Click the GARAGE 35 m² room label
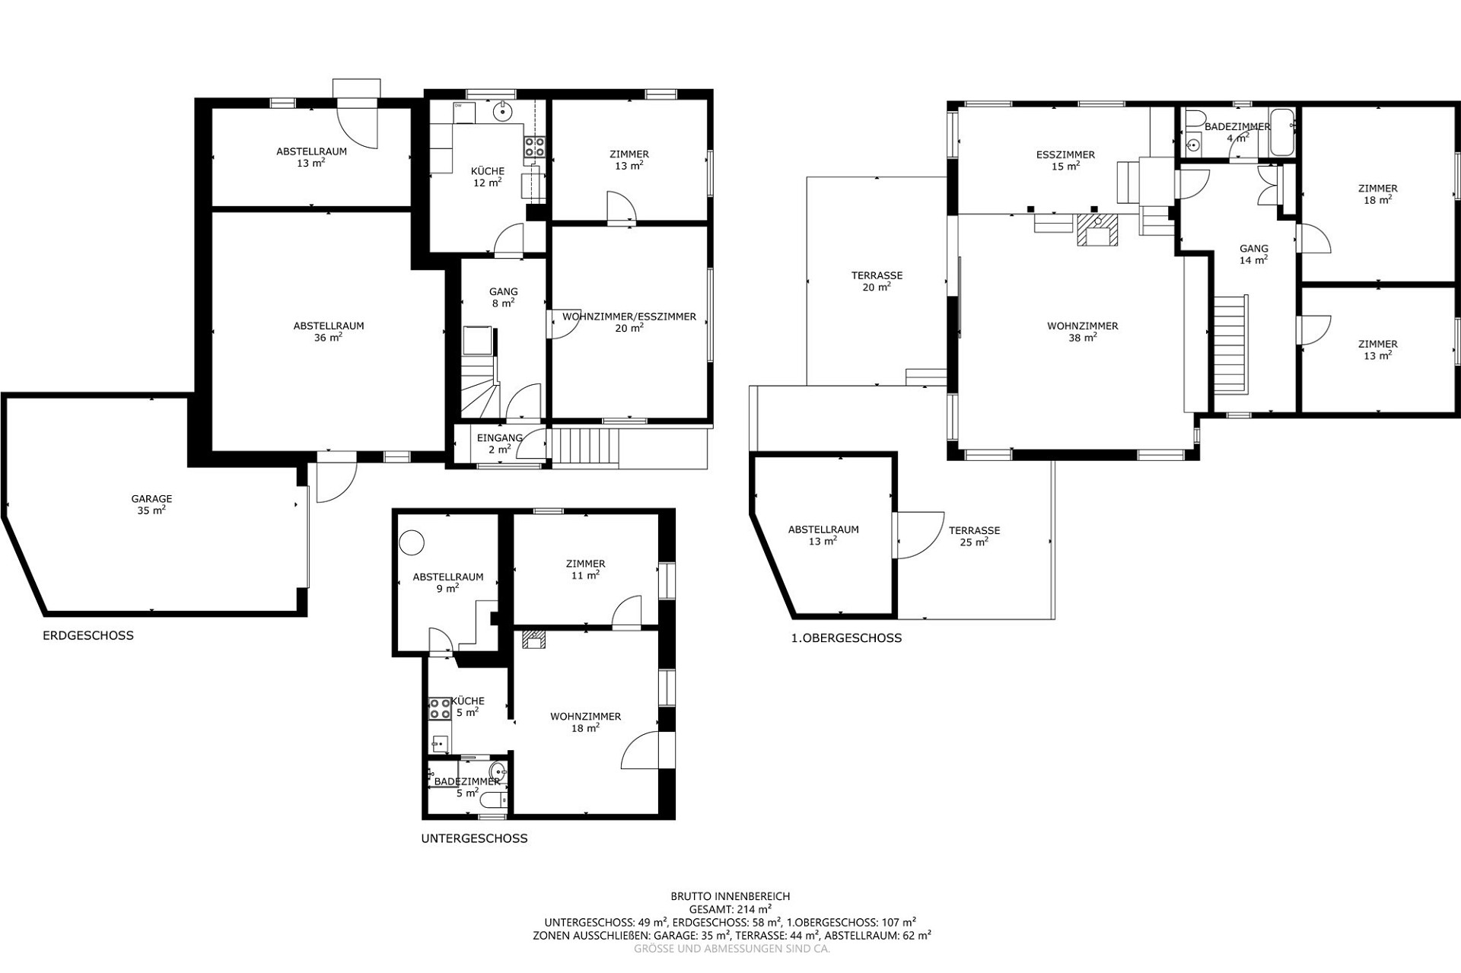click(151, 505)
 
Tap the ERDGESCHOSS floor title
click(88, 635)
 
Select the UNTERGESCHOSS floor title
click(474, 838)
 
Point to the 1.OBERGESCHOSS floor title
click(846, 638)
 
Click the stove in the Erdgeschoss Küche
click(534, 147)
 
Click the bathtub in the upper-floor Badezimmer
click(1281, 132)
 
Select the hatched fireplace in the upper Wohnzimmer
click(1097, 230)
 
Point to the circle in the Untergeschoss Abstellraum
click(412, 542)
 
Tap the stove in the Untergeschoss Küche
click(440, 709)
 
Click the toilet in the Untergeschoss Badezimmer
click(495, 800)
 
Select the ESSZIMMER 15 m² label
click(1065, 161)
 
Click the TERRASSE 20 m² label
click(877, 281)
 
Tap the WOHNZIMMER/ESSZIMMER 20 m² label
click(629, 322)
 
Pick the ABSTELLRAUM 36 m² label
click(329, 332)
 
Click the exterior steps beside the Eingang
click(585, 446)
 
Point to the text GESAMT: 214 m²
click(730, 908)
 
